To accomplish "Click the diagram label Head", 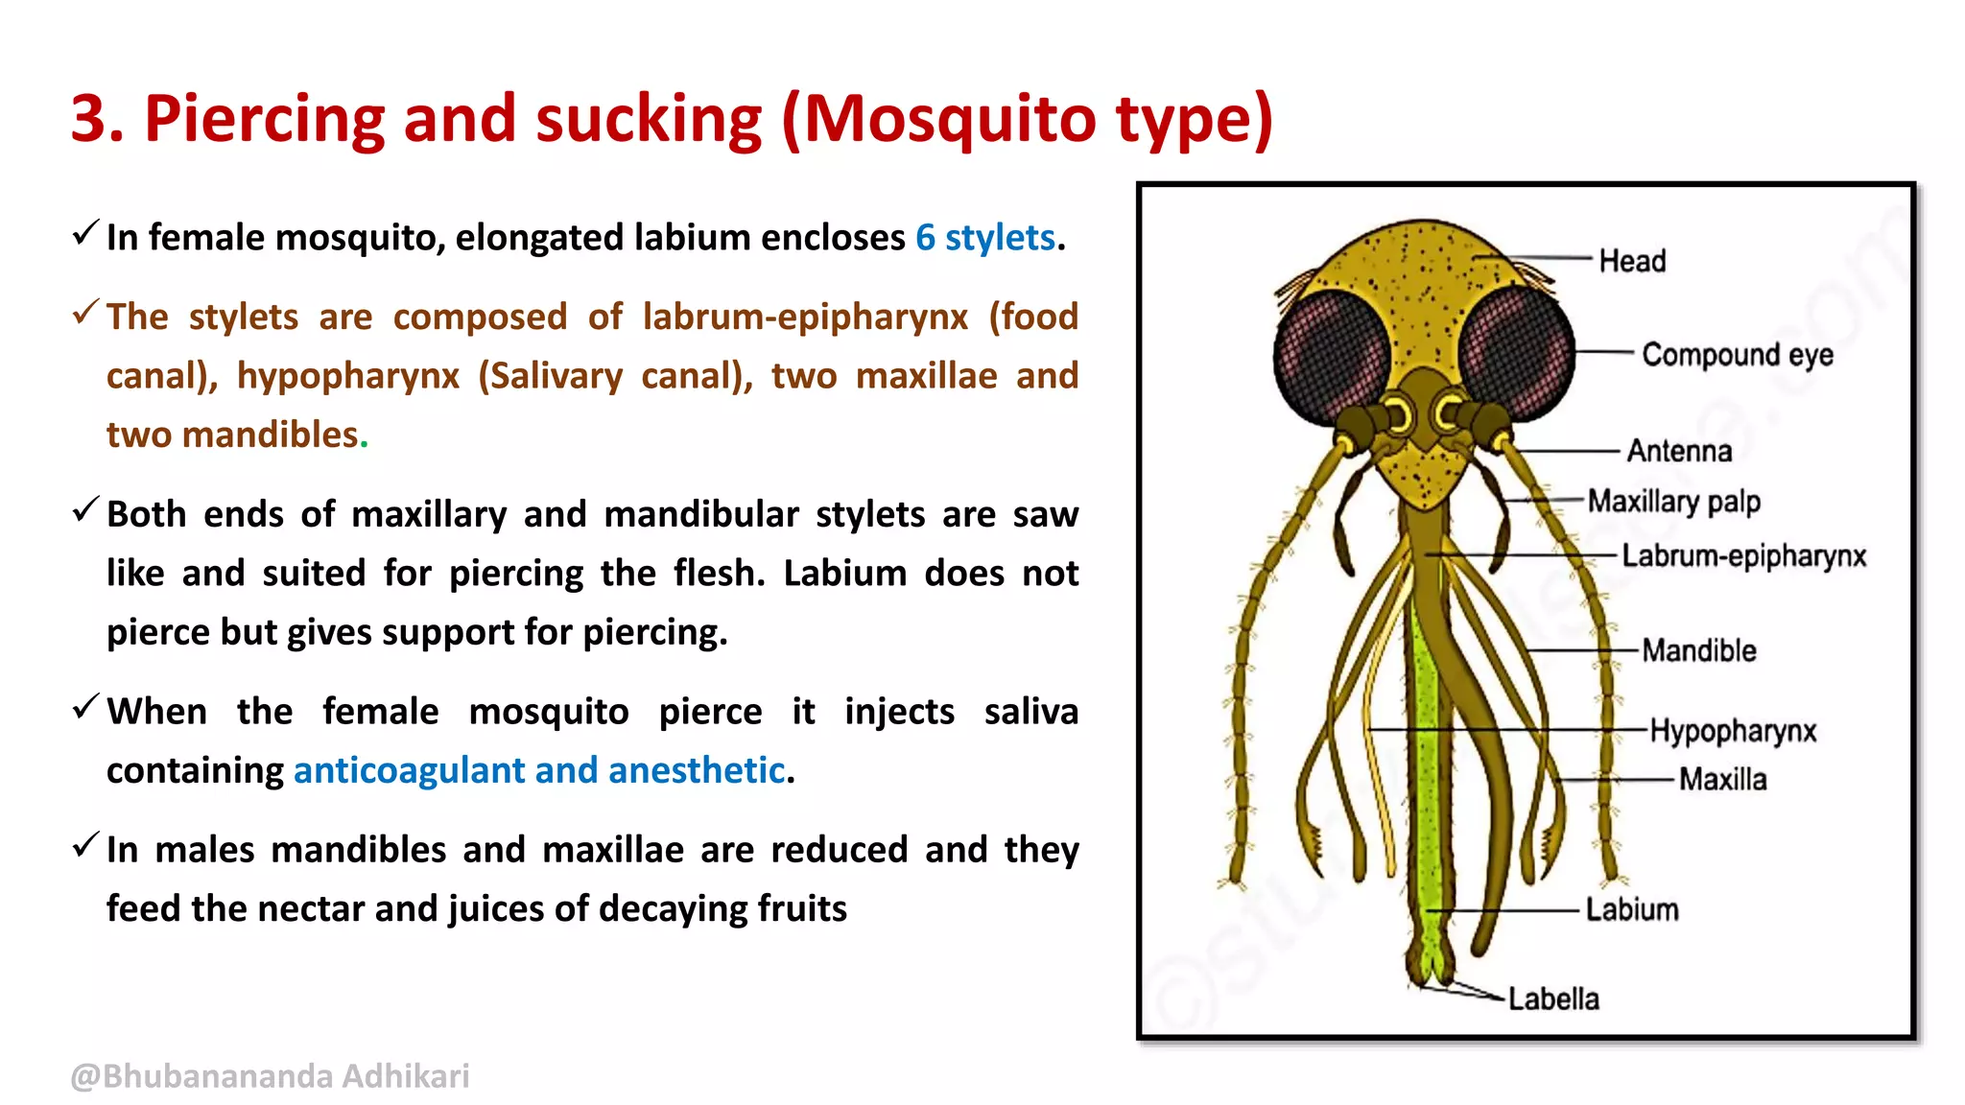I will [1631, 261].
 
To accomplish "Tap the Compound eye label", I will [1737, 355].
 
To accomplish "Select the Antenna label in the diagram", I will [1679, 451].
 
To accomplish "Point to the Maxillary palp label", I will [1673, 502].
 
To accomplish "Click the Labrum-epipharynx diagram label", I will [1743, 556].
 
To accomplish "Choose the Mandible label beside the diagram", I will [1698, 650].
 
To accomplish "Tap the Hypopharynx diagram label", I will [1733, 731].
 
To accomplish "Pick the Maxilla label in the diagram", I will [1722, 779].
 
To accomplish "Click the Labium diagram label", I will [1631, 909].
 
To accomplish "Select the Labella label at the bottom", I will [1553, 999].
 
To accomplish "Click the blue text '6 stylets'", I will [984, 238].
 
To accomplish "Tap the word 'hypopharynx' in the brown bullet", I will [348, 376].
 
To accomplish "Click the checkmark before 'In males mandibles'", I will [85, 846].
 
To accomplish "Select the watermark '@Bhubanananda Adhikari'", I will [270, 1076].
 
